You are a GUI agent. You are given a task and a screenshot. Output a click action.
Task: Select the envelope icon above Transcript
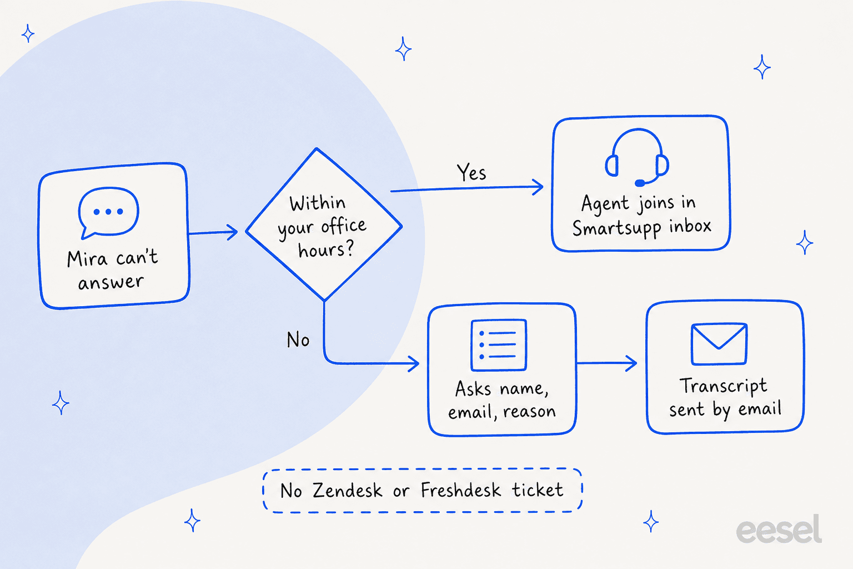click(719, 344)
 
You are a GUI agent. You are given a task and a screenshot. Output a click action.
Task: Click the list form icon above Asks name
click(499, 345)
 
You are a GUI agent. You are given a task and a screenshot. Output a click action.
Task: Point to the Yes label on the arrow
click(471, 172)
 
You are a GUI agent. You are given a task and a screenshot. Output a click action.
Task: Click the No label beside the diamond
click(298, 339)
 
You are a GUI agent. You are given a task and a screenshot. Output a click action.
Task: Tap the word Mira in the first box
click(87, 259)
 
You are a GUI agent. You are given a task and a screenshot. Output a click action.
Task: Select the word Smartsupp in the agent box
click(617, 228)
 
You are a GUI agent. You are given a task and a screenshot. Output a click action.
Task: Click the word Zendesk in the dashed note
click(347, 490)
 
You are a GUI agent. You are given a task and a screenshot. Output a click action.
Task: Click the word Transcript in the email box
click(723, 386)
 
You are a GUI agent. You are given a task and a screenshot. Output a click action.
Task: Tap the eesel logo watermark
click(779, 529)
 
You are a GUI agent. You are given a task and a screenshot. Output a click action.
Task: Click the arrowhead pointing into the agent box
click(538, 187)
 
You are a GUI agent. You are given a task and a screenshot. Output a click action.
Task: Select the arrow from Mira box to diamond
click(213, 232)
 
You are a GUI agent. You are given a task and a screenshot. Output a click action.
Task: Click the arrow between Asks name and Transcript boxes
click(606, 363)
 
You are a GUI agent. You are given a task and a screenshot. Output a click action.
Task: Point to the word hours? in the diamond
click(326, 249)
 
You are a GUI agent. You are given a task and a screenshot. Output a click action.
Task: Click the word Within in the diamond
click(317, 202)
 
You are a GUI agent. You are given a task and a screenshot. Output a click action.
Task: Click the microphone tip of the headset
click(640, 183)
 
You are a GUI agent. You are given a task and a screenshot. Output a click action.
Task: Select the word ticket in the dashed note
click(538, 490)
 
